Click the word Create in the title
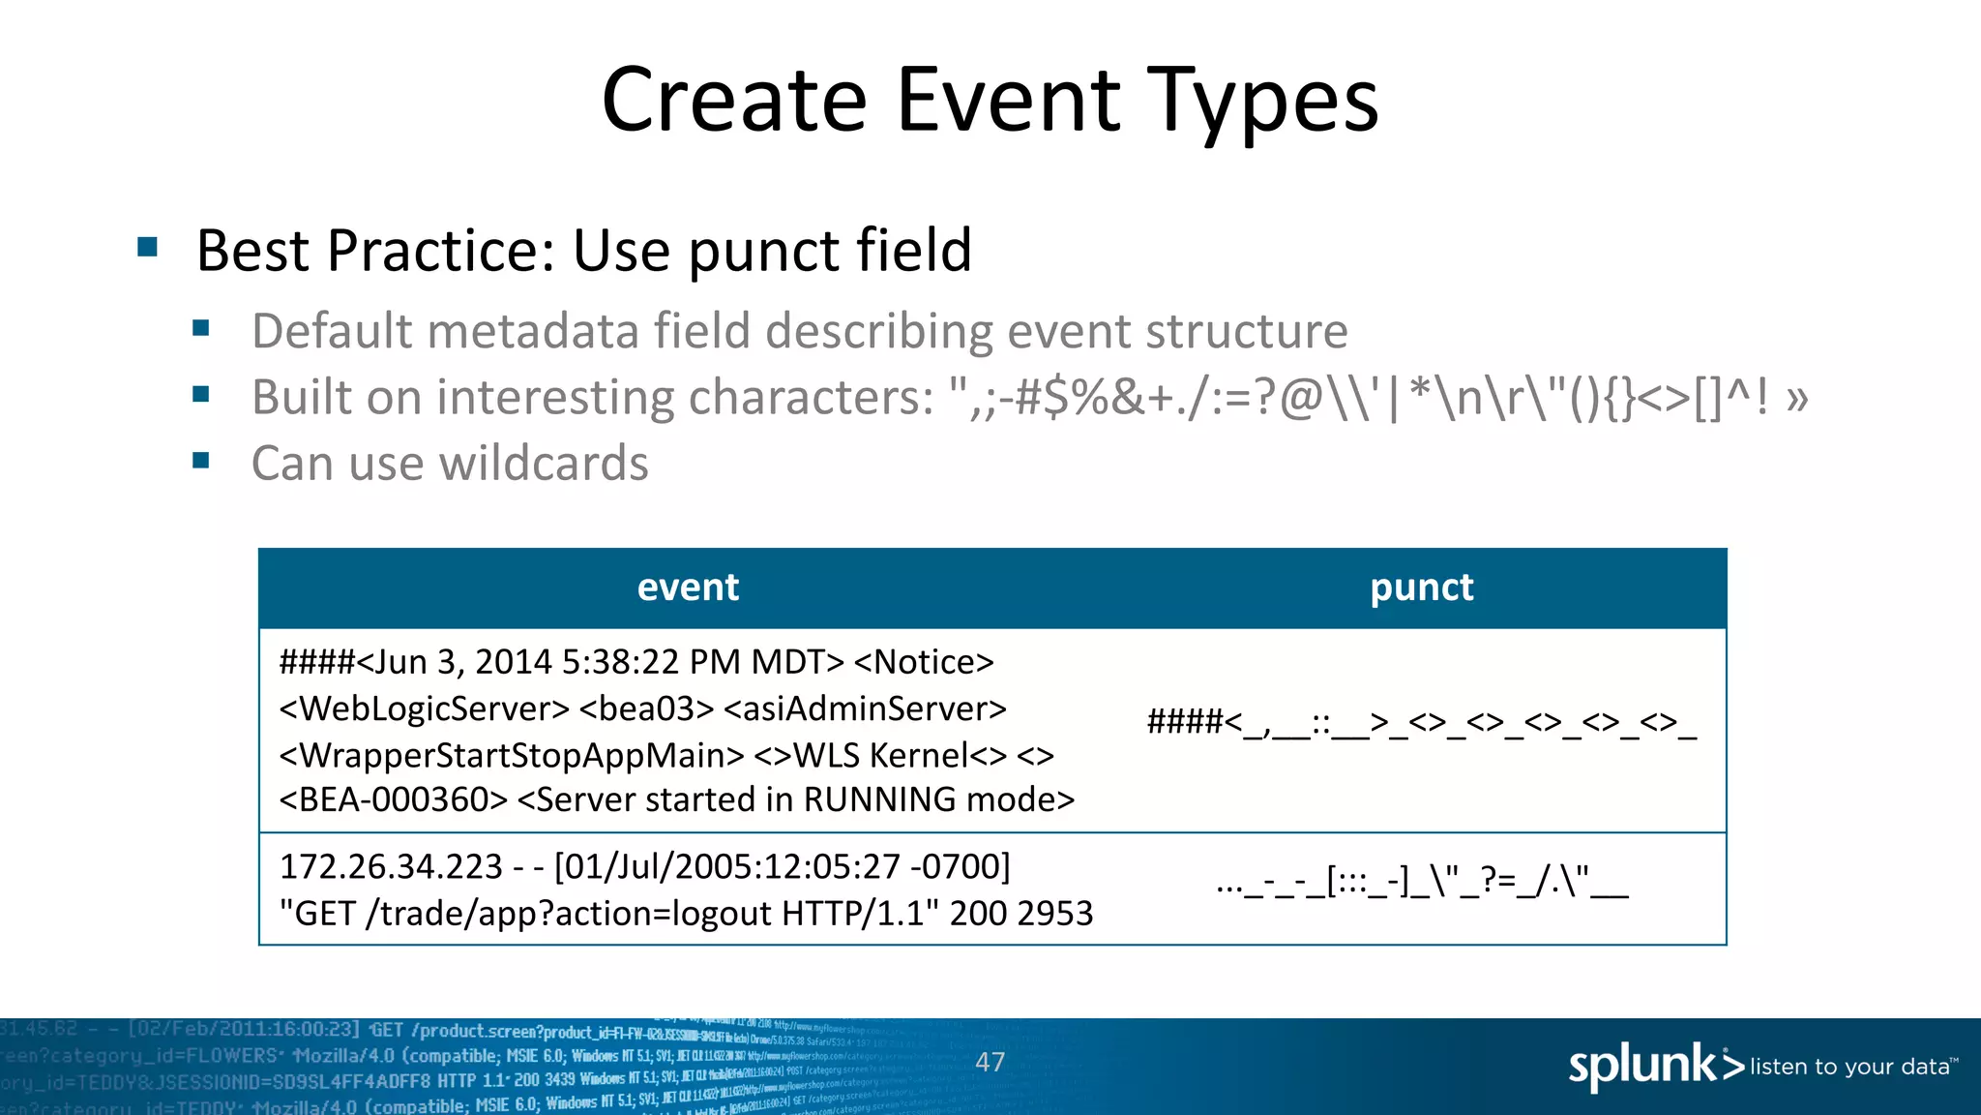pos(734,101)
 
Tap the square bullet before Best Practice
pos(148,247)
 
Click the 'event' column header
pos(688,588)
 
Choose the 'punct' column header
pos(1421,588)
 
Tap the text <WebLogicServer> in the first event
pos(424,708)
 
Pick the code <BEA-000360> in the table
pos(393,799)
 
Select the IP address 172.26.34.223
pos(391,866)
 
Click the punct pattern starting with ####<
pos(1421,722)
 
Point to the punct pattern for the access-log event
pos(1421,883)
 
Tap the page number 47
pos(990,1063)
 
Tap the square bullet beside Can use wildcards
pos(201,461)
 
